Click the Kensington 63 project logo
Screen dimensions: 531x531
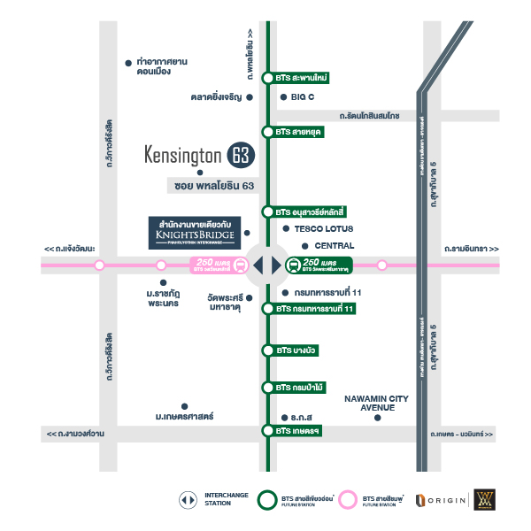point(199,156)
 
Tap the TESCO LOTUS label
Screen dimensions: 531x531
point(319,228)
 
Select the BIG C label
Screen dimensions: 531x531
point(303,97)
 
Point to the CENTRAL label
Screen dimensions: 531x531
point(334,246)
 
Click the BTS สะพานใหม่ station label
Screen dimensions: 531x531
point(301,78)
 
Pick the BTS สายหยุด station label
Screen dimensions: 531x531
point(297,132)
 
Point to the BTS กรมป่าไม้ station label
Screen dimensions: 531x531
point(300,388)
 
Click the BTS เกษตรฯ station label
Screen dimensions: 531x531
point(296,431)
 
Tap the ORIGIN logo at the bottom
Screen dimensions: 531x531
point(441,500)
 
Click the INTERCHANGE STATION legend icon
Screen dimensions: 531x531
point(188,500)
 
